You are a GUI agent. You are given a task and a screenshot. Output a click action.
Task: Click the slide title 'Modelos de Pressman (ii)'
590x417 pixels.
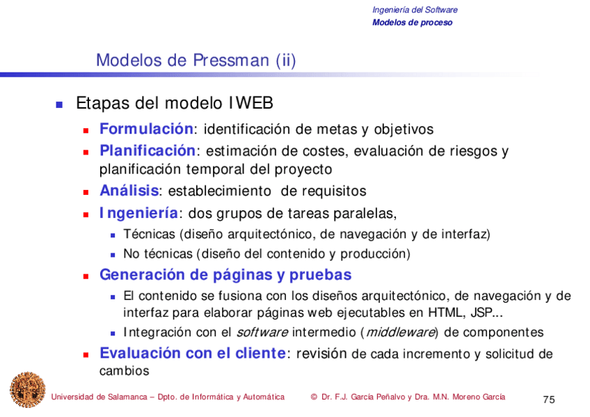[x=196, y=61]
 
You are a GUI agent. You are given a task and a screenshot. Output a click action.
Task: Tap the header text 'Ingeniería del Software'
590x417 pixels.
[x=415, y=10]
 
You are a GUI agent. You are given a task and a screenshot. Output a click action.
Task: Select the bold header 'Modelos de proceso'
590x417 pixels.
[x=412, y=22]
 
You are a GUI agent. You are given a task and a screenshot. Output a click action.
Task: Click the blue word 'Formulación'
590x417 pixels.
[x=146, y=129]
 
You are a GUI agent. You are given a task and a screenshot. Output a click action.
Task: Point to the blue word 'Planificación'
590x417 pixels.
[x=147, y=150]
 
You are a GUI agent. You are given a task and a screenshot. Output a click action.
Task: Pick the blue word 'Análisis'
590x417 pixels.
[x=129, y=191]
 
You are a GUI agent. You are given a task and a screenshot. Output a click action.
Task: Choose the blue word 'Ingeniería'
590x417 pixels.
[x=138, y=213]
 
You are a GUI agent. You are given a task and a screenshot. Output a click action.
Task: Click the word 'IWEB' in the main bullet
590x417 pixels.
[x=250, y=104]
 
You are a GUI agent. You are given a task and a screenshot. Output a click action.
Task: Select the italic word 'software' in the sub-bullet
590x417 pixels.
[x=262, y=333]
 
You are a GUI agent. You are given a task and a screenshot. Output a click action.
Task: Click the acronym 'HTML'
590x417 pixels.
[x=445, y=313]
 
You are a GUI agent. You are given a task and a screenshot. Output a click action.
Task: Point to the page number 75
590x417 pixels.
[x=549, y=400]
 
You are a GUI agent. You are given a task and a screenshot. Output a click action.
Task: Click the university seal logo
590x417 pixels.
[x=27, y=390]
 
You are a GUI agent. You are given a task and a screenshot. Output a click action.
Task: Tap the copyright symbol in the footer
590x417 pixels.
[x=314, y=397]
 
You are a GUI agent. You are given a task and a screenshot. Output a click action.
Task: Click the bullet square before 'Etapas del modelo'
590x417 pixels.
[x=59, y=105]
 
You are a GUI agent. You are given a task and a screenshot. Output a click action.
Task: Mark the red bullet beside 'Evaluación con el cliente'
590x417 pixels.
[x=86, y=354]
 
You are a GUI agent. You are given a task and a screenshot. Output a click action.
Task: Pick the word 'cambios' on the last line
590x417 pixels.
[x=125, y=371]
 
